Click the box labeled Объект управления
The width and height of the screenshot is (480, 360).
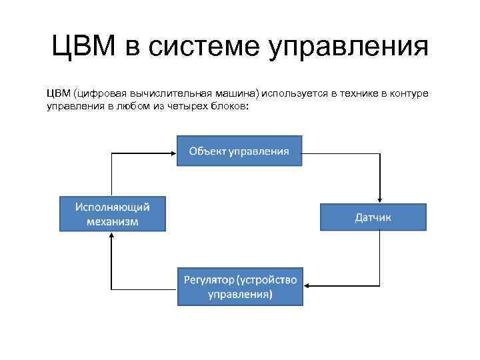coord(239,151)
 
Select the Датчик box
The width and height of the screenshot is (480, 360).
coord(373,217)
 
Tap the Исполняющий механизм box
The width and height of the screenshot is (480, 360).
coord(113,213)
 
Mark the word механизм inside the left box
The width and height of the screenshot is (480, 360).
coord(113,221)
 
